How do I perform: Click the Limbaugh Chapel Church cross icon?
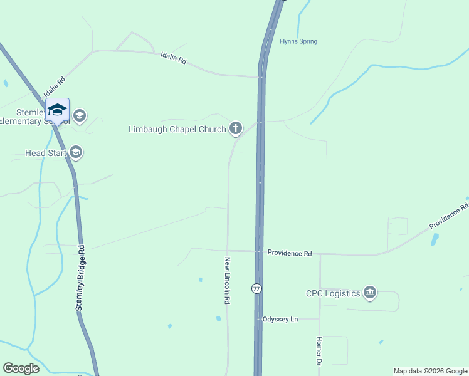(236, 129)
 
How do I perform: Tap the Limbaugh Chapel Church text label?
(177, 130)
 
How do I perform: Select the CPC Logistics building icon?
(370, 293)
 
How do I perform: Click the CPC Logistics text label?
(333, 293)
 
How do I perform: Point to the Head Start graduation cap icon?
(76, 152)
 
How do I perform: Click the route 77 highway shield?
(256, 288)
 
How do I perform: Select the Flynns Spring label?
(298, 42)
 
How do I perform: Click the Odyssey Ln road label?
(280, 319)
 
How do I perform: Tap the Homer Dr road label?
(318, 353)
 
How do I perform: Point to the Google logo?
(21, 368)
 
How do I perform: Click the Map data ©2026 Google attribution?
(430, 371)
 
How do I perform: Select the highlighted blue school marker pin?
(57, 110)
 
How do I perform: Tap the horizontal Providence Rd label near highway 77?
(289, 253)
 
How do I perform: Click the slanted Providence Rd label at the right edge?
(449, 216)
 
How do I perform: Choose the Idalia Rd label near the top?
(174, 60)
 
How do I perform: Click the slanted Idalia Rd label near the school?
(55, 87)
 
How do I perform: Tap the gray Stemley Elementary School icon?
(79, 116)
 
